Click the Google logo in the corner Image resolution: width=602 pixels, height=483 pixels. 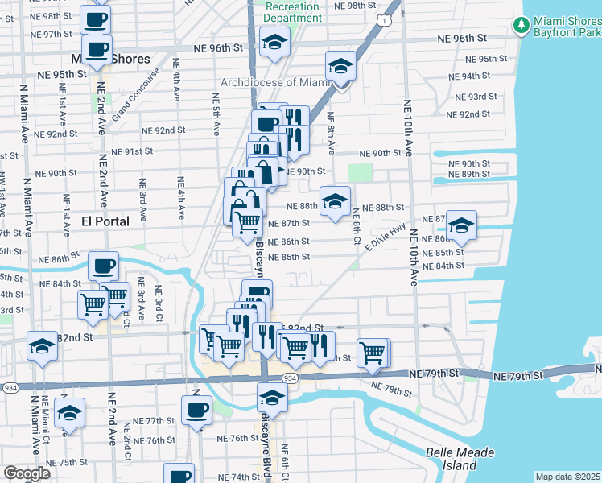27,473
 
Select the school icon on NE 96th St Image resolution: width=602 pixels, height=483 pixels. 274,43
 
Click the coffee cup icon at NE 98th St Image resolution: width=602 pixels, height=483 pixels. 95,19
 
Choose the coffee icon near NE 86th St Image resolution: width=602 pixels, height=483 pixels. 103,266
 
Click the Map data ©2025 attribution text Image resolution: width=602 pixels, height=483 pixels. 567,477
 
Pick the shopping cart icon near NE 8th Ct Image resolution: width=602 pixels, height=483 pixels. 373,352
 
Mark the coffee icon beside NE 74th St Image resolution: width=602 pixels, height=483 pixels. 179,475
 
